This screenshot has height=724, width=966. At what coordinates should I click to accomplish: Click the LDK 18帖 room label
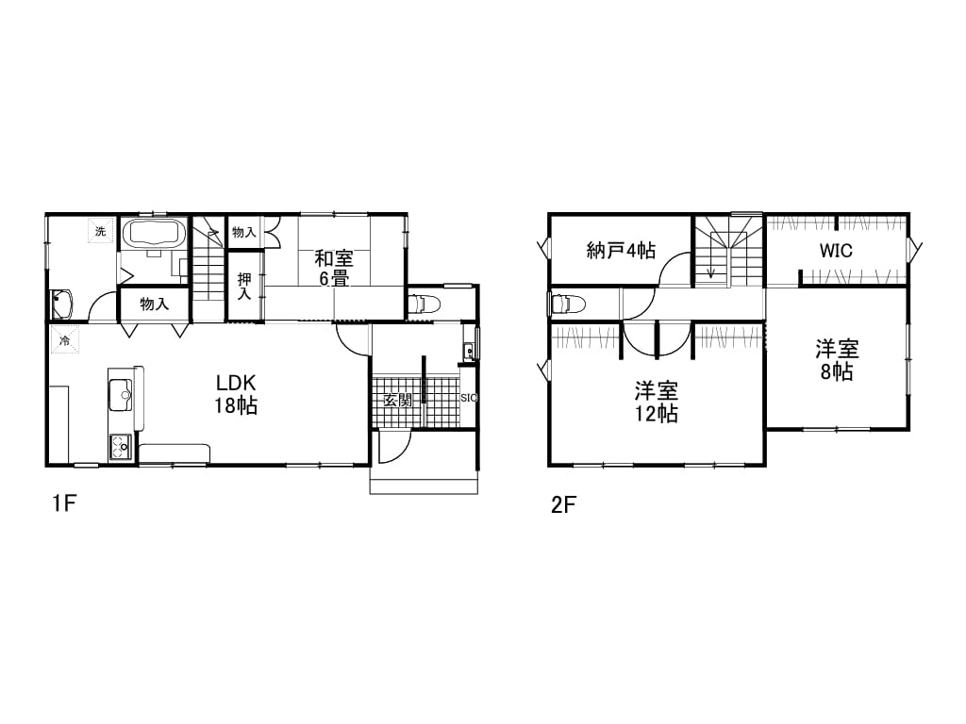(x=236, y=394)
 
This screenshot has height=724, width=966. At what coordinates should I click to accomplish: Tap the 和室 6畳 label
(x=334, y=268)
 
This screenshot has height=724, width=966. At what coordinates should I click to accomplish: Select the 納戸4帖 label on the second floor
(x=621, y=251)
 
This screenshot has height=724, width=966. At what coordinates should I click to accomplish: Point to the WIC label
(x=836, y=251)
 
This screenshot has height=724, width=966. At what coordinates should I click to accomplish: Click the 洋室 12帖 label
(x=657, y=402)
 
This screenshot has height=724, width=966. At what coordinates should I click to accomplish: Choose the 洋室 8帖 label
(x=837, y=360)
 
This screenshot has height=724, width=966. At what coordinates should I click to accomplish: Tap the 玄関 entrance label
(x=397, y=400)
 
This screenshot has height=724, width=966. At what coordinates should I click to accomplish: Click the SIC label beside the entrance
(x=469, y=398)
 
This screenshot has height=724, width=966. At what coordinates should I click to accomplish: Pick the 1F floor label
(x=63, y=504)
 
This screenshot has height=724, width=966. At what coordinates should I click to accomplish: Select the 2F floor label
(x=563, y=505)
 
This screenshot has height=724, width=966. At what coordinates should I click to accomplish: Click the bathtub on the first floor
(x=155, y=234)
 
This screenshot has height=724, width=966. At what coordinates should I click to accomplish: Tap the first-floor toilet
(x=424, y=304)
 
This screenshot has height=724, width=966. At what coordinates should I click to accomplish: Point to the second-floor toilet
(x=567, y=304)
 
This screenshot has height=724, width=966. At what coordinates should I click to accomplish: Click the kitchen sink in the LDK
(x=120, y=395)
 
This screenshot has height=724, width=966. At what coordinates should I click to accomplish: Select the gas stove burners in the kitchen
(x=120, y=448)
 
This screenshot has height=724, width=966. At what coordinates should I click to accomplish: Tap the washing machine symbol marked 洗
(x=100, y=232)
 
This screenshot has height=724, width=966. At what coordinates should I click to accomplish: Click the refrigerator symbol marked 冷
(x=64, y=339)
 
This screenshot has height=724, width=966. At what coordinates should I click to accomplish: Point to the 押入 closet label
(x=244, y=287)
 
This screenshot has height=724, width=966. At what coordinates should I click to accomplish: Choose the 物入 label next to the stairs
(x=244, y=232)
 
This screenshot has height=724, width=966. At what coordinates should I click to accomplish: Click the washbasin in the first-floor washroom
(x=62, y=304)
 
